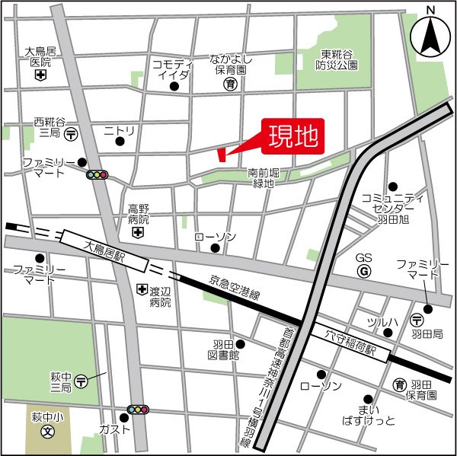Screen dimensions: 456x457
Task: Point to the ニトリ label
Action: (119, 132)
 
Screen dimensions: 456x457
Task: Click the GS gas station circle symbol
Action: (364, 271)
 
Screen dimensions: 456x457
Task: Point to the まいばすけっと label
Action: (369, 414)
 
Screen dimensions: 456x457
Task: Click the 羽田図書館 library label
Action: (223, 349)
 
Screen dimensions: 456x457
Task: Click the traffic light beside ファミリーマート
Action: (97, 175)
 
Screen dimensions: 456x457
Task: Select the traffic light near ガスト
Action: (138, 410)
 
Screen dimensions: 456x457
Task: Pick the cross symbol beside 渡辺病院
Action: (141, 290)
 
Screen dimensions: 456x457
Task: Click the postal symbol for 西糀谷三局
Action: (70, 134)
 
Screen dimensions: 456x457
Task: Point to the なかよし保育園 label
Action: (230, 63)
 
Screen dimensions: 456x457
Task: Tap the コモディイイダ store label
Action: (174, 69)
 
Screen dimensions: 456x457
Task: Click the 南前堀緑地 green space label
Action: (264, 180)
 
